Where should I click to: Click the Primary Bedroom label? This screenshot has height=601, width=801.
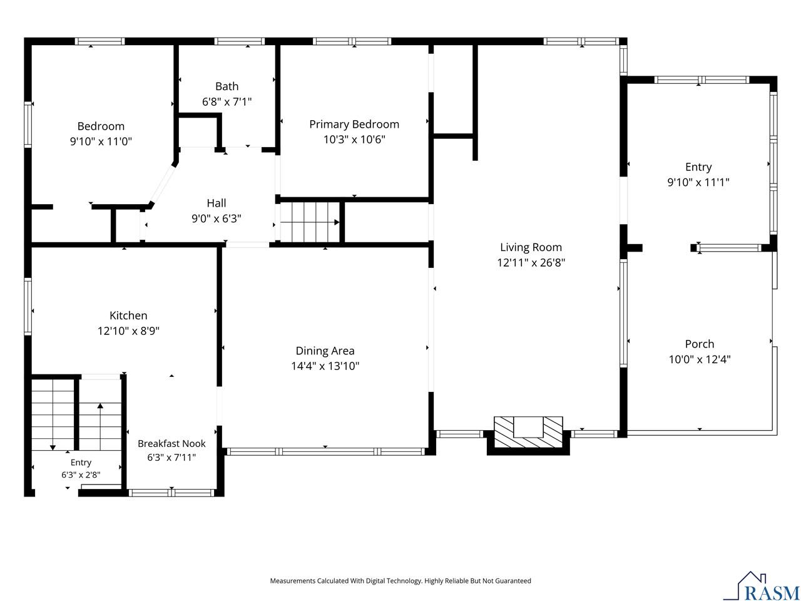coord(354,124)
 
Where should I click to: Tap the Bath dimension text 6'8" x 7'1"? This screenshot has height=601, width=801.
coord(227,101)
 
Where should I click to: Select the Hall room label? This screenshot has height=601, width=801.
coord(216,203)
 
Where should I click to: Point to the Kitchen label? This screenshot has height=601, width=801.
coord(128,316)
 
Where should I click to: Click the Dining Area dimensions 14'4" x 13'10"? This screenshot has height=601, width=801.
coord(325,366)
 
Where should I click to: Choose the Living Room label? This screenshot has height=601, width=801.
coord(531,247)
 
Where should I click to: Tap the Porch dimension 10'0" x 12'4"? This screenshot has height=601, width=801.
coord(699,359)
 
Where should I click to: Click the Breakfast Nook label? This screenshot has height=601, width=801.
coord(171,443)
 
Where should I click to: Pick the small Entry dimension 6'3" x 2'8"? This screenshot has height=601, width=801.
coord(81,475)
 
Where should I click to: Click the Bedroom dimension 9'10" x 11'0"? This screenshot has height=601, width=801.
coord(101,141)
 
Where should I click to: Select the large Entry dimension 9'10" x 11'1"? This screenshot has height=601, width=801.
coord(698,182)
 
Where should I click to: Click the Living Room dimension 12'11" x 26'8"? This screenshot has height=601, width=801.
coord(531,262)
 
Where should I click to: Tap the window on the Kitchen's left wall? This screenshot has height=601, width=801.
coord(28,306)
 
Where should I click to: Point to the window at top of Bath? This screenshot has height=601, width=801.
coord(239,41)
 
